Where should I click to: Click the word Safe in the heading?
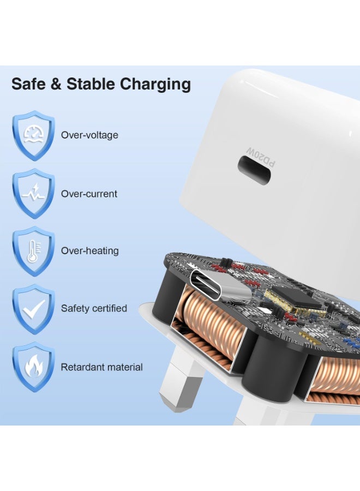tap(27, 84)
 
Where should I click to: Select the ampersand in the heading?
tap(55, 84)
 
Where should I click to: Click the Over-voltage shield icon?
tap(33, 136)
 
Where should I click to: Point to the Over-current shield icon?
tap(33, 194)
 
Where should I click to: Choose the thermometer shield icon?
tap(33, 251)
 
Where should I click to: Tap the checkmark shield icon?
tap(33, 309)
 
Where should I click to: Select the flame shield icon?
tap(33, 367)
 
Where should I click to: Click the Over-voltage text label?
tap(89, 135)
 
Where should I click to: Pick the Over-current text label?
tap(89, 194)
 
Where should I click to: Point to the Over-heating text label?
tap(89, 251)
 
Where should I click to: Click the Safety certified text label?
tap(94, 308)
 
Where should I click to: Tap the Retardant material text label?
tap(102, 367)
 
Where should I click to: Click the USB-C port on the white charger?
tap(254, 170)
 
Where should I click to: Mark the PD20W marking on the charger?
tap(261, 156)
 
